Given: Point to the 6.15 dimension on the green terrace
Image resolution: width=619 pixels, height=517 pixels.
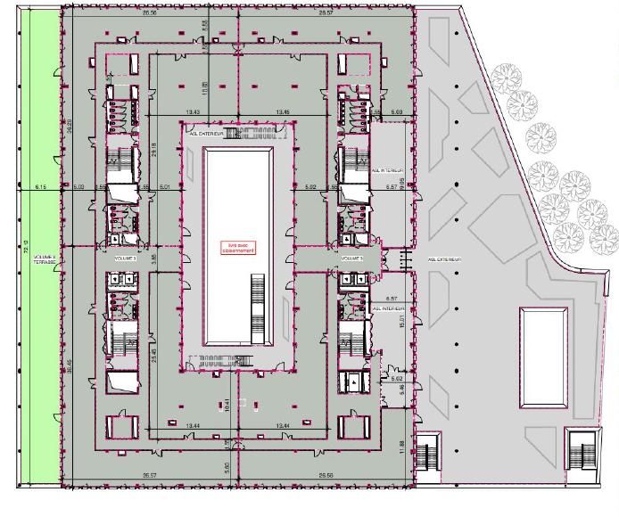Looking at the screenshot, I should (40, 187).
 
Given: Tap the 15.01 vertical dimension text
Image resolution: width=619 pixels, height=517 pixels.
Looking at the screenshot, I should (403, 318).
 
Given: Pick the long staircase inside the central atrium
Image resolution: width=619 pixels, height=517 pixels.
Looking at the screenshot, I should (260, 308).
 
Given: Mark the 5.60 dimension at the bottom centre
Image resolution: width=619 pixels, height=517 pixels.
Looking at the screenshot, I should (227, 466).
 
